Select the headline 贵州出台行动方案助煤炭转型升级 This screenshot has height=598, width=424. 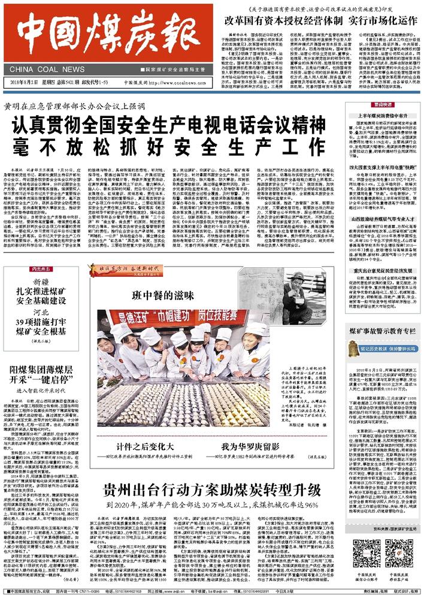click(213, 490)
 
